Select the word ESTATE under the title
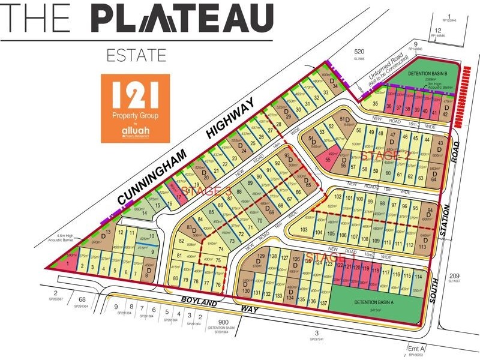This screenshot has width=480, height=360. click(136, 56)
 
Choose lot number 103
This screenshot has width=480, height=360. click(304, 230)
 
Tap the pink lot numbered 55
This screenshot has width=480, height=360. click(328, 160)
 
